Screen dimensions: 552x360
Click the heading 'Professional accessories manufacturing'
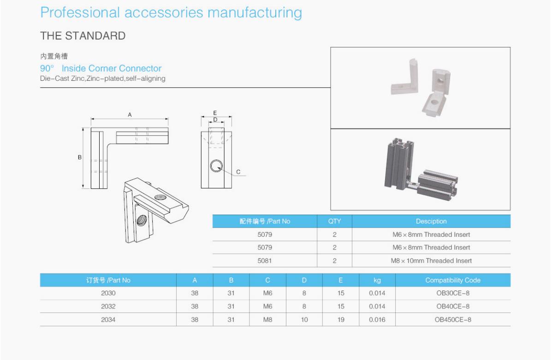pyautogui.click(x=171, y=12)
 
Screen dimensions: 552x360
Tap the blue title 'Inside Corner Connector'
pyautogui.click(x=111, y=68)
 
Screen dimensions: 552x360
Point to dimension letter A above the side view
pyautogui.click(x=130, y=115)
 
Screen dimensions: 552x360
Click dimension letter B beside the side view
pyautogui.click(x=80, y=157)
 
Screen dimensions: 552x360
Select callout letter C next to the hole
pyautogui.click(x=238, y=172)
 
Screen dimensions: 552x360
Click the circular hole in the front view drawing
pyautogui.click(x=216, y=166)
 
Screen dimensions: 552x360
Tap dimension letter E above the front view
pyautogui.click(x=215, y=113)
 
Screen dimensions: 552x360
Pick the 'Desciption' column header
pyautogui.click(x=431, y=221)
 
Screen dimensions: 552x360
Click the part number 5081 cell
pyautogui.click(x=265, y=261)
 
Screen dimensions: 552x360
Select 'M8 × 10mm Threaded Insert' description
pyautogui.click(x=431, y=261)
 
